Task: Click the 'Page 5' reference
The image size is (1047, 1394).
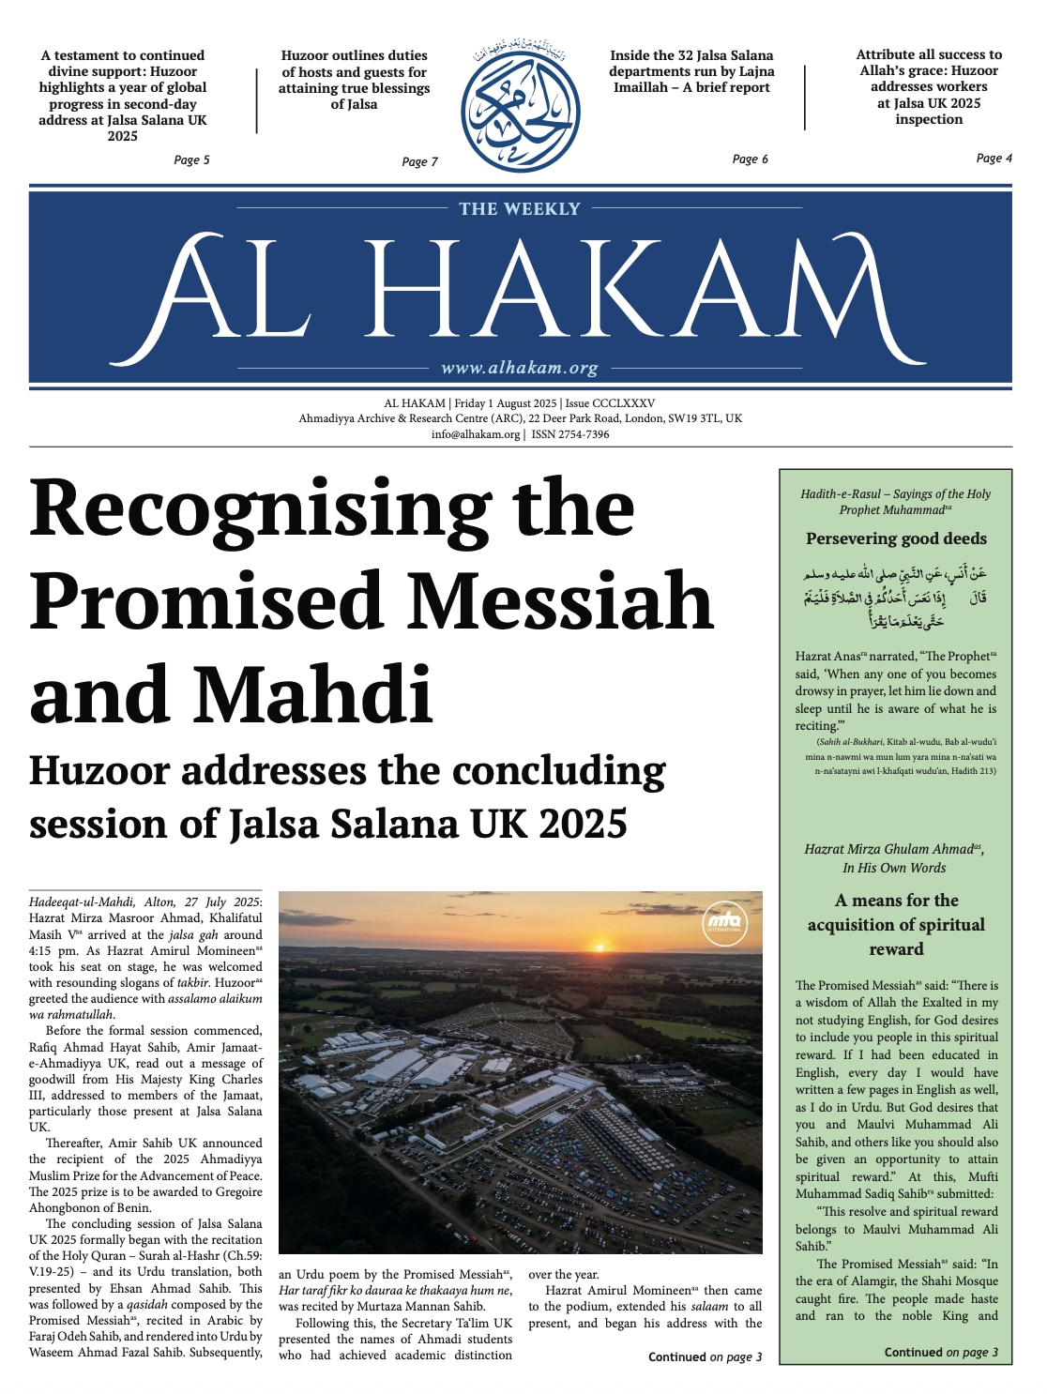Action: coord(191,159)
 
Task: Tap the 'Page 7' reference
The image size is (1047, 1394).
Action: coord(419,161)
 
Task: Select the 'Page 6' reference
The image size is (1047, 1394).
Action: coord(750,159)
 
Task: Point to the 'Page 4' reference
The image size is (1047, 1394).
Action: coord(994,158)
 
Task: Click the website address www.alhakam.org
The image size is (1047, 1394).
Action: coord(519,368)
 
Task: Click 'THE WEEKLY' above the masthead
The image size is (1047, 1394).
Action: coord(520,209)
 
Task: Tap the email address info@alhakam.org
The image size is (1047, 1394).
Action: coord(475,434)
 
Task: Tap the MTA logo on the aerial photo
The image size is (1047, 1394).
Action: coord(723,921)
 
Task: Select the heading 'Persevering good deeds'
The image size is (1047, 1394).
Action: coord(896,538)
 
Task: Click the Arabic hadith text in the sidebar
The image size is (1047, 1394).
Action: coord(895,597)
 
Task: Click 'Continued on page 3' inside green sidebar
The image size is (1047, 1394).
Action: coord(941,1352)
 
